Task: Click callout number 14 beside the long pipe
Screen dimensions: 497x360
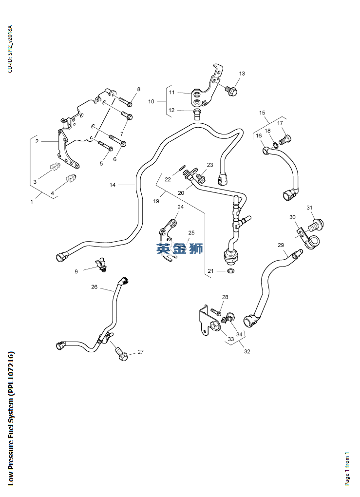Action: (x=113, y=185)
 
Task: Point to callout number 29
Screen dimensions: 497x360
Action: (x=281, y=245)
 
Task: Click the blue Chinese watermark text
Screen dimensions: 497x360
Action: (x=180, y=249)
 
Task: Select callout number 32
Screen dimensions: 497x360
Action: (x=247, y=351)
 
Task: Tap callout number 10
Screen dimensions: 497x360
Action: (x=151, y=101)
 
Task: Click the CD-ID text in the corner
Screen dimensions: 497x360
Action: (x=10, y=49)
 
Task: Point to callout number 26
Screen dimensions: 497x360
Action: (x=95, y=287)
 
